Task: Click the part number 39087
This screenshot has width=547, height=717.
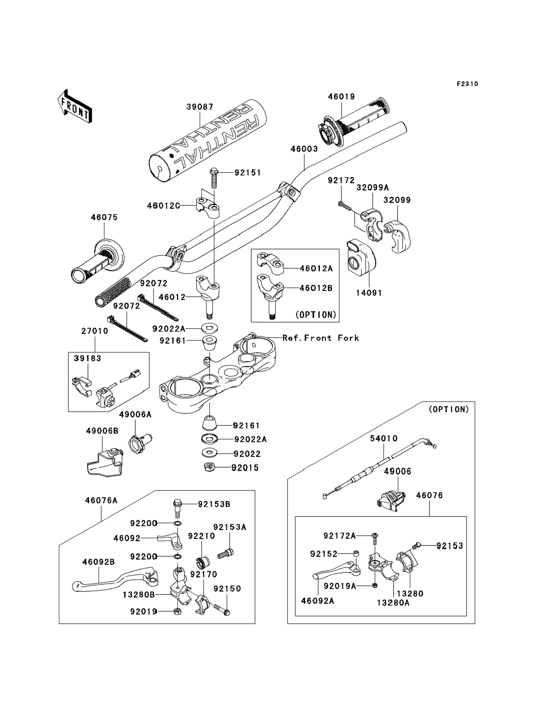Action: tap(200, 107)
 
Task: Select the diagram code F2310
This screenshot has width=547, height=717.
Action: tap(467, 84)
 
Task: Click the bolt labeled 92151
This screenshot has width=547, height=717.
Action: tap(214, 178)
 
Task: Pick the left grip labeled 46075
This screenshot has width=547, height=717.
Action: tap(98, 262)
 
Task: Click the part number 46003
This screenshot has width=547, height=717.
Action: tap(304, 149)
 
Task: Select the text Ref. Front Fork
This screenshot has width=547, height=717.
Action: tap(321, 338)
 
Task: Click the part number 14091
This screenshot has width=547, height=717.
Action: tap(369, 293)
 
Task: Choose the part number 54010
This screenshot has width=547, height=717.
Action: tap(384, 438)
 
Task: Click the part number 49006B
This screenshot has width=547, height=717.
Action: tap(102, 431)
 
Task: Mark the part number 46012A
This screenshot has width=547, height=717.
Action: tap(316, 269)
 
